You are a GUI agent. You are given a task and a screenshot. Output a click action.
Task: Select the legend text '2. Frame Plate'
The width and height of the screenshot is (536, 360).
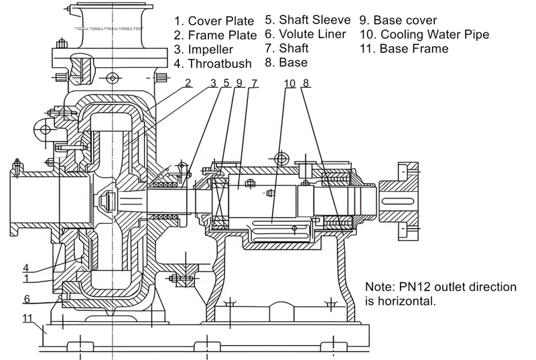click(x=214, y=35)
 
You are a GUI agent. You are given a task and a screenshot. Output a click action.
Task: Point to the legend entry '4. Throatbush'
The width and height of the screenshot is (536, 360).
click(x=212, y=64)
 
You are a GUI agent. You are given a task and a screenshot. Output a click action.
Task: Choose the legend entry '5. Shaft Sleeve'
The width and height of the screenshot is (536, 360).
click(x=308, y=20)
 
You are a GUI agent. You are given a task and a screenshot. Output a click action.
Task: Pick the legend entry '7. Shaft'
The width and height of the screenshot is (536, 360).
click(x=287, y=49)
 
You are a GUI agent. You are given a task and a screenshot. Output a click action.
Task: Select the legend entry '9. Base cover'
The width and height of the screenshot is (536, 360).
click(x=399, y=20)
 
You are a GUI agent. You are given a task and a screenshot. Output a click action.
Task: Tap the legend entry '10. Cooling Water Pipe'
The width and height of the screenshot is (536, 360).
click(x=424, y=35)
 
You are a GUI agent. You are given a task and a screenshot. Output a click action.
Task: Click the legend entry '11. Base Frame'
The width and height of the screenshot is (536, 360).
click(x=404, y=49)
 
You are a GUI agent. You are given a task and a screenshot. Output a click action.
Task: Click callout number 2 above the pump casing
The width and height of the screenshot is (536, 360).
click(x=188, y=83)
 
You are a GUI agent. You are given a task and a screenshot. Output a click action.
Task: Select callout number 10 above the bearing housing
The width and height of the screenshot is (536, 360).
click(x=289, y=83)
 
